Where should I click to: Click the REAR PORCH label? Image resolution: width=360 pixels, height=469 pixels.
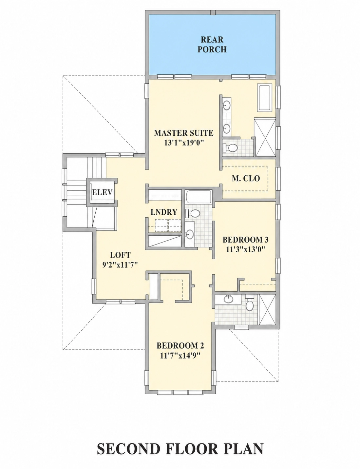[x=212, y=45]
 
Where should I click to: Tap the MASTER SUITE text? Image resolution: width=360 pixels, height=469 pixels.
[x=184, y=133]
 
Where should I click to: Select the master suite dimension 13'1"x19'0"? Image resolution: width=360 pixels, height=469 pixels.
[x=184, y=143]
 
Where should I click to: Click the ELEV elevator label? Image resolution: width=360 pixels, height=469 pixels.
[x=102, y=192]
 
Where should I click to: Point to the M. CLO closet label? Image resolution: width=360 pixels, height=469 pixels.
[x=246, y=178]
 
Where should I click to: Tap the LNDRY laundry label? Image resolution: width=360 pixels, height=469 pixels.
[x=164, y=212]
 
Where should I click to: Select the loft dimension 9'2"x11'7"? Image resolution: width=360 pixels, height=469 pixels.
[x=120, y=265]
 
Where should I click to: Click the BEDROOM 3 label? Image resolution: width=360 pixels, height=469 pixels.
[x=245, y=240]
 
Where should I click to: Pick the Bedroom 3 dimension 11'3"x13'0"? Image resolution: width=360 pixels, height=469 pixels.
[x=245, y=249]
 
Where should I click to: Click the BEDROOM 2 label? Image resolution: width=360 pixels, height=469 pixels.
[x=180, y=346]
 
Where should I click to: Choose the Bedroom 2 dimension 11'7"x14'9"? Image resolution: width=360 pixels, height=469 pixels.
[x=179, y=356]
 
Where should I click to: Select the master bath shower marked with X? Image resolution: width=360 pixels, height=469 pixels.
[x=265, y=137]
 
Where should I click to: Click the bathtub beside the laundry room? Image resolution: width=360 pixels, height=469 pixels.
[x=199, y=197]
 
